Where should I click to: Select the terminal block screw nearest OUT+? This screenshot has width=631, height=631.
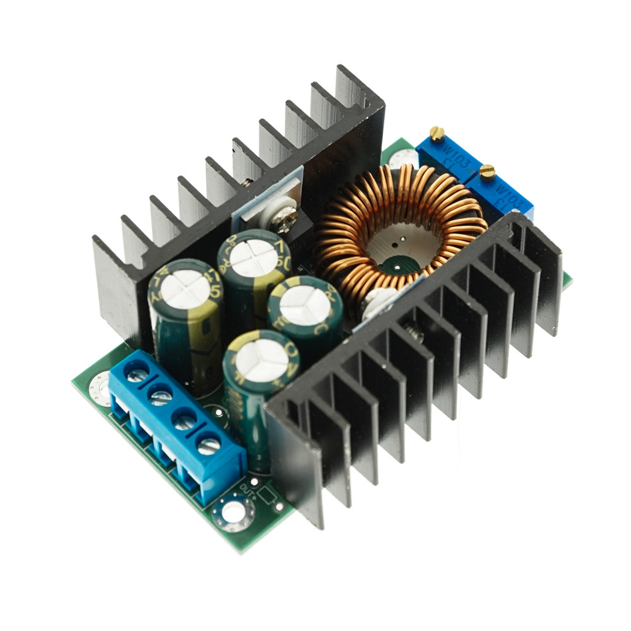click(x=209, y=445)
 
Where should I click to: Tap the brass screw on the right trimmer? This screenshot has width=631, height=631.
click(x=487, y=170)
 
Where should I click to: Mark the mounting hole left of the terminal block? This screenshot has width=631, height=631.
click(x=99, y=386)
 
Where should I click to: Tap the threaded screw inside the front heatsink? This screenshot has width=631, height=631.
click(x=415, y=332)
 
